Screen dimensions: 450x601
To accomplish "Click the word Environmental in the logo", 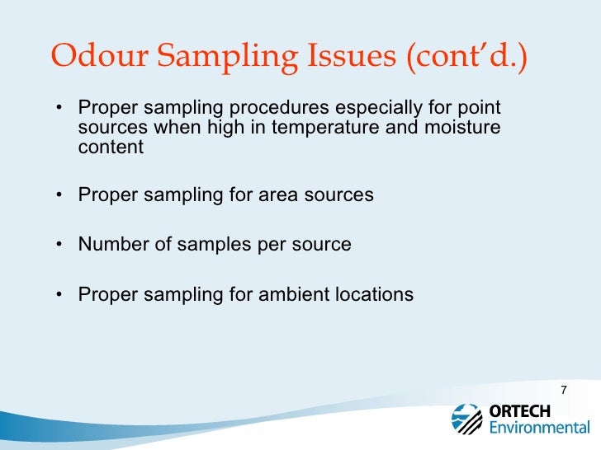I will click(540, 428).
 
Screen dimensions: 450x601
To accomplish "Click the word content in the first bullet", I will click(111, 148).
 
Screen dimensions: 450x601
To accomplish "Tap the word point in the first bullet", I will click(483, 110).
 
